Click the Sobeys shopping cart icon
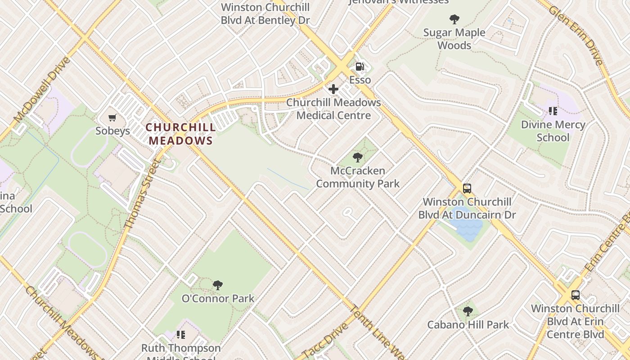(x=112, y=118)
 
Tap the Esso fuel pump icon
(x=360, y=67)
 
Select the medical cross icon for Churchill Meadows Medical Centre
(x=333, y=89)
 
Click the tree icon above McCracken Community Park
(x=358, y=157)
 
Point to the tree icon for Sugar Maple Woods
(x=454, y=19)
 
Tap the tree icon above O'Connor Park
(x=218, y=285)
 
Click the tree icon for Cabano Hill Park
(x=468, y=311)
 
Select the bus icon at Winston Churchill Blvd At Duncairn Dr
(x=467, y=189)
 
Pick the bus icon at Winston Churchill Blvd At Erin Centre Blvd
(x=575, y=295)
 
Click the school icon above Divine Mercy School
(x=553, y=111)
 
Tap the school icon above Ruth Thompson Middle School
(x=181, y=334)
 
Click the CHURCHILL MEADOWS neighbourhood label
(x=180, y=134)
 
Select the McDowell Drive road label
(x=42, y=90)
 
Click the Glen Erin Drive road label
(x=576, y=36)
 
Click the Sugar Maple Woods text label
(x=454, y=39)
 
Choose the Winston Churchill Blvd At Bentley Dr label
(x=265, y=14)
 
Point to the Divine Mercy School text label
(x=553, y=131)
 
